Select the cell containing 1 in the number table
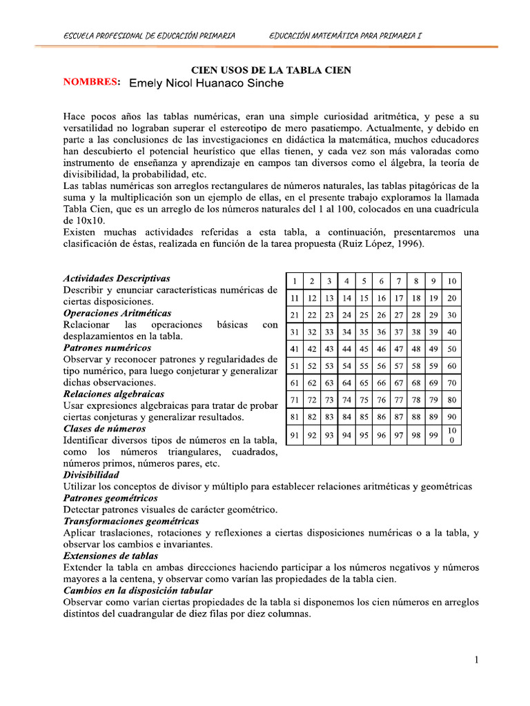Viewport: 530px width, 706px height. pyautogui.click(x=295, y=281)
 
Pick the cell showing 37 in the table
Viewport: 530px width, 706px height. pyautogui.click(x=399, y=332)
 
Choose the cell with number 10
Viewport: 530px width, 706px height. pyautogui.click(x=452, y=281)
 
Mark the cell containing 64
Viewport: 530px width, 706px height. pyautogui.click(x=347, y=383)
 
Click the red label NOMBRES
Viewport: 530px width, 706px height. pyautogui.click(x=92, y=82)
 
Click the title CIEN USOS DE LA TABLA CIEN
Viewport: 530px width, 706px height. pyautogui.click(x=271, y=70)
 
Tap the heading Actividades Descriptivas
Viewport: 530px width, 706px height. pyautogui.click(x=117, y=279)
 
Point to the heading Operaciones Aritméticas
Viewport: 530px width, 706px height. pyautogui.click(x=117, y=313)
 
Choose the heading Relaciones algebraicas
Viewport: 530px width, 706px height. pyautogui.click(x=114, y=394)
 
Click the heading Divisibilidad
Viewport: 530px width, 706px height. pyautogui.click(x=91, y=475)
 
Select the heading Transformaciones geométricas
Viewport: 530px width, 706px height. pyautogui.click(x=131, y=521)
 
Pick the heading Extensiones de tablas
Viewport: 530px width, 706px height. pyautogui.click(x=110, y=556)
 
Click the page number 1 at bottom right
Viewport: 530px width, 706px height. pyautogui.click(x=476, y=660)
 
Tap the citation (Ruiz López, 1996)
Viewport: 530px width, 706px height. pyautogui.click(x=383, y=244)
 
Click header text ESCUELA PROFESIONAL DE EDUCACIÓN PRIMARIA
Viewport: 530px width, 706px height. pyautogui.click(x=149, y=35)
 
